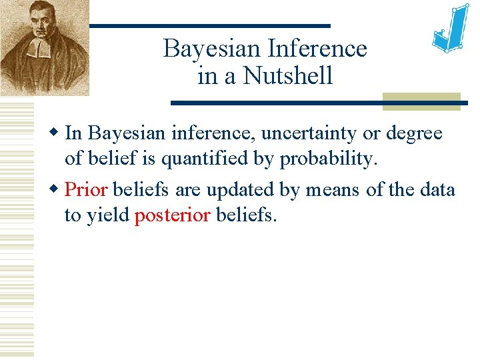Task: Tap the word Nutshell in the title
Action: (288, 76)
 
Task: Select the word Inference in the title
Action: (317, 49)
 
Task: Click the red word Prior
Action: (86, 190)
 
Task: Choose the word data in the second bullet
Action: (437, 190)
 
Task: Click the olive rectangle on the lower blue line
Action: (421, 101)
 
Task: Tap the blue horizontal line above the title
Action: (209, 26)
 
